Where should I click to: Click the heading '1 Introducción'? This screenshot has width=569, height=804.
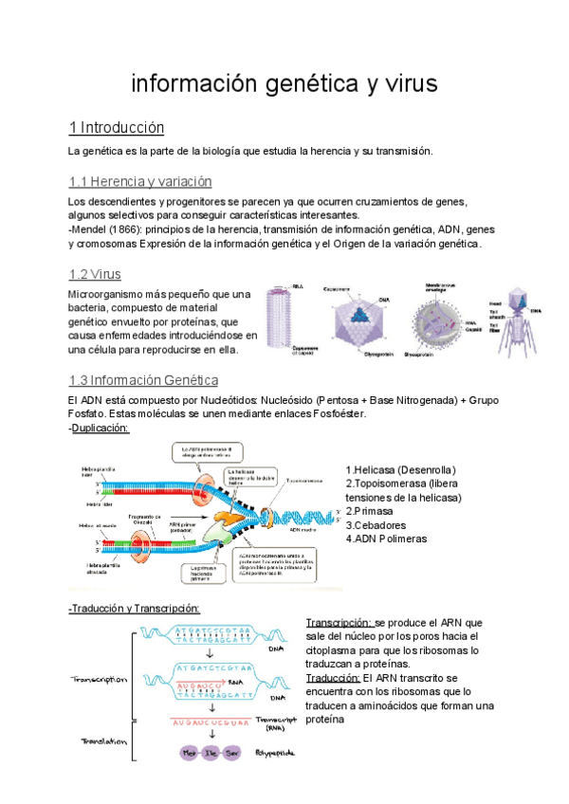(117, 128)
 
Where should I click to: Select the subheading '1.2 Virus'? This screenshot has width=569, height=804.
(95, 275)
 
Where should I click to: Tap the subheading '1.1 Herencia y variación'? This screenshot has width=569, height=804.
(140, 181)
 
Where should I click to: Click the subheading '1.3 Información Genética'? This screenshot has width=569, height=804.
(144, 380)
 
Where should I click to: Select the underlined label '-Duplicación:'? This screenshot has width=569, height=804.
(100, 429)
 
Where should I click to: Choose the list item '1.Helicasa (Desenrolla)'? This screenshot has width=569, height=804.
(401, 470)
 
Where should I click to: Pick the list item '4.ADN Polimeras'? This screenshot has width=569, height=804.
(386, 539)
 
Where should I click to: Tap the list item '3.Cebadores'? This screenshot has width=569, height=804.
(376, 525)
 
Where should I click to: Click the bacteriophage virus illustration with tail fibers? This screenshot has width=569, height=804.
(520, 318)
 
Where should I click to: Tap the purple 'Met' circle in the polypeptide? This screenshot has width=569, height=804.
(189, 753)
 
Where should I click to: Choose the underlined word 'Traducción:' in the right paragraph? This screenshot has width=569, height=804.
(333, 678)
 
